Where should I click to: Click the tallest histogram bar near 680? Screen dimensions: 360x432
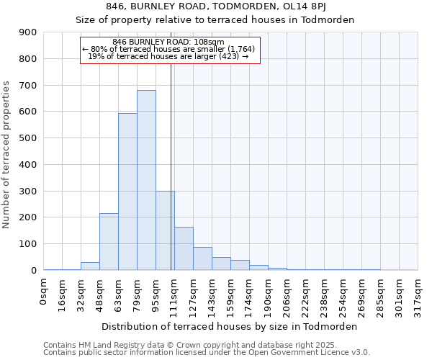pyautogui.click(x=146, y=180)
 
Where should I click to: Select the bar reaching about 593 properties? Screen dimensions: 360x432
pyautogui.click(x=127, y=192)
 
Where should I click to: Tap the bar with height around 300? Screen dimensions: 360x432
pyautogui.click(x=165, y=230)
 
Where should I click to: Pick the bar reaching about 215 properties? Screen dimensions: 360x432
pyautogui.click(x=109, y=242)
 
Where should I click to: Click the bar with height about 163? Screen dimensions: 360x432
pyautogui.click(x=184, y=248)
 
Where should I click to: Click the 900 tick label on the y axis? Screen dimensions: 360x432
pyautogui.click(x=27, y=32)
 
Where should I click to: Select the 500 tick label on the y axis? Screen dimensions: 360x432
pyautogui.click(x=27, y=138)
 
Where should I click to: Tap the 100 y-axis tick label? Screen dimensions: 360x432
pyautogui.click(x=27, y=244)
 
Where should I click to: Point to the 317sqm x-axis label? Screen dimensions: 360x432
pyautogui.click(x=418, y=296)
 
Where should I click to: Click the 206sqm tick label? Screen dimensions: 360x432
pyautogui.click(x=287, y=296)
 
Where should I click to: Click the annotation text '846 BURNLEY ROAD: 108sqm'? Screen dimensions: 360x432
pyautogui.click(x=168, y=42)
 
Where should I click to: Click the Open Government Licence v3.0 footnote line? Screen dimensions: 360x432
pyautogui.click(x=207, y=353)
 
